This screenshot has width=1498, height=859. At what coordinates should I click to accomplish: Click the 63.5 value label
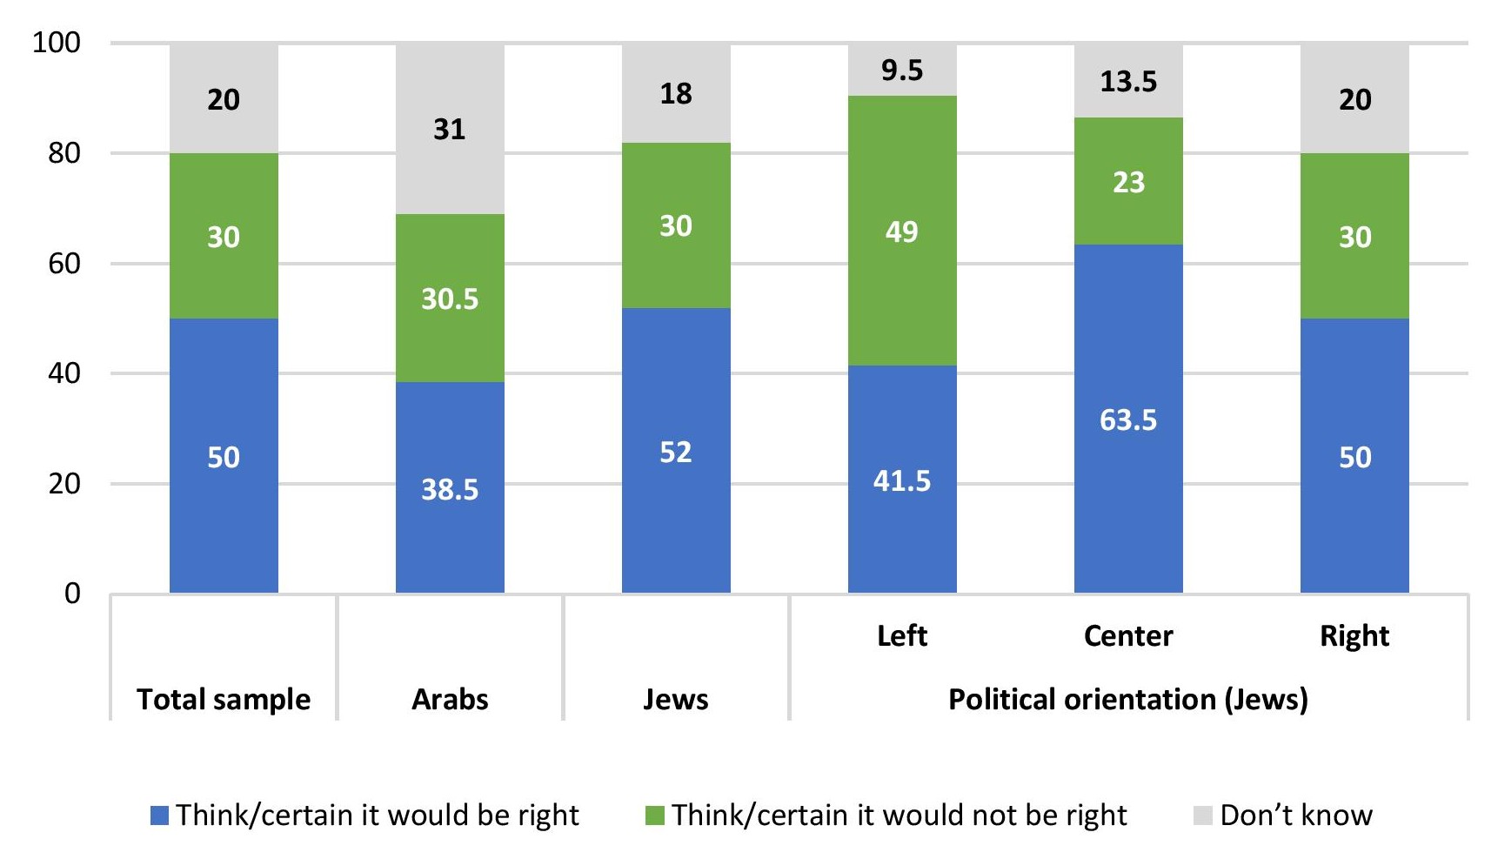coord(1128,420)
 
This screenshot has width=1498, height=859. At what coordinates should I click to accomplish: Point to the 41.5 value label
coord(902,481)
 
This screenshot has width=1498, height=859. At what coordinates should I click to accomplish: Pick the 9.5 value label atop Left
coord(902,70)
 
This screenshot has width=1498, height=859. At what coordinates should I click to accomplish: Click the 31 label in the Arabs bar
coord(450,130)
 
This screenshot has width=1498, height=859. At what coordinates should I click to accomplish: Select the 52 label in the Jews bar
coord(676,453)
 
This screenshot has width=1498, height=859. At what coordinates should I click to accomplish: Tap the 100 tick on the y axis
coord(57,43)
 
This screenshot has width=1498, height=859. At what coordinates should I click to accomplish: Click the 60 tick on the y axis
coord(64,264)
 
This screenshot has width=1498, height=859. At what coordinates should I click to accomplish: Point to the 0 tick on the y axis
coord(72,594)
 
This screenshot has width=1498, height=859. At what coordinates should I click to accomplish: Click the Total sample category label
coord(224,700)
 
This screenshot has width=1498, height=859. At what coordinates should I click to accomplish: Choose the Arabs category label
coord(450,700)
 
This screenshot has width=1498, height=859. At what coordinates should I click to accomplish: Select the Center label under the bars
coord(1128,636)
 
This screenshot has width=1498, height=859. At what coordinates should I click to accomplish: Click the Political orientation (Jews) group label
coord(1128,700)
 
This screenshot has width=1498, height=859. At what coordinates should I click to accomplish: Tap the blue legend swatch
coord(159,815)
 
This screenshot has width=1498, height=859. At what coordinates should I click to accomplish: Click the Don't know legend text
coord(1296,815)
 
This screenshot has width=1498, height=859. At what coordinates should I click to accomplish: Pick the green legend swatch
coord(655,815)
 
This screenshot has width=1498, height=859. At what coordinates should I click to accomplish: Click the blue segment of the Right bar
coord(1354,522)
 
